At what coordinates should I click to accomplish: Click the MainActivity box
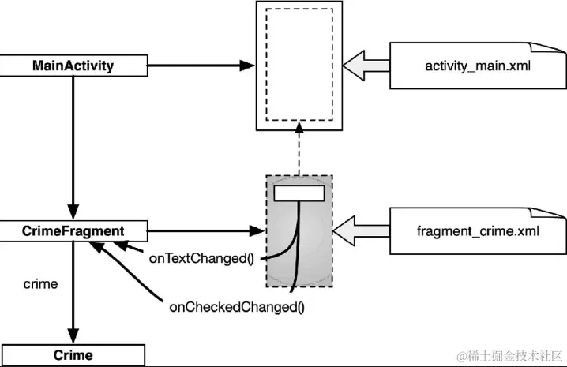pyautogui.click(x=73, y=66)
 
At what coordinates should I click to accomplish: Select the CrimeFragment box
pyautogui.click(x=73, y=231)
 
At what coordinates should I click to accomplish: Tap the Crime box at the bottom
pyautogui.click(x=73, y=355)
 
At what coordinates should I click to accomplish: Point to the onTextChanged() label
pyautogui.click(x=201, y=257)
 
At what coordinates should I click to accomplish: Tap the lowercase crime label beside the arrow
pyautogui.click(x=40, y=284)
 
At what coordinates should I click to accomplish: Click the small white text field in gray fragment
pyautogui.click(x=299, y=192)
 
